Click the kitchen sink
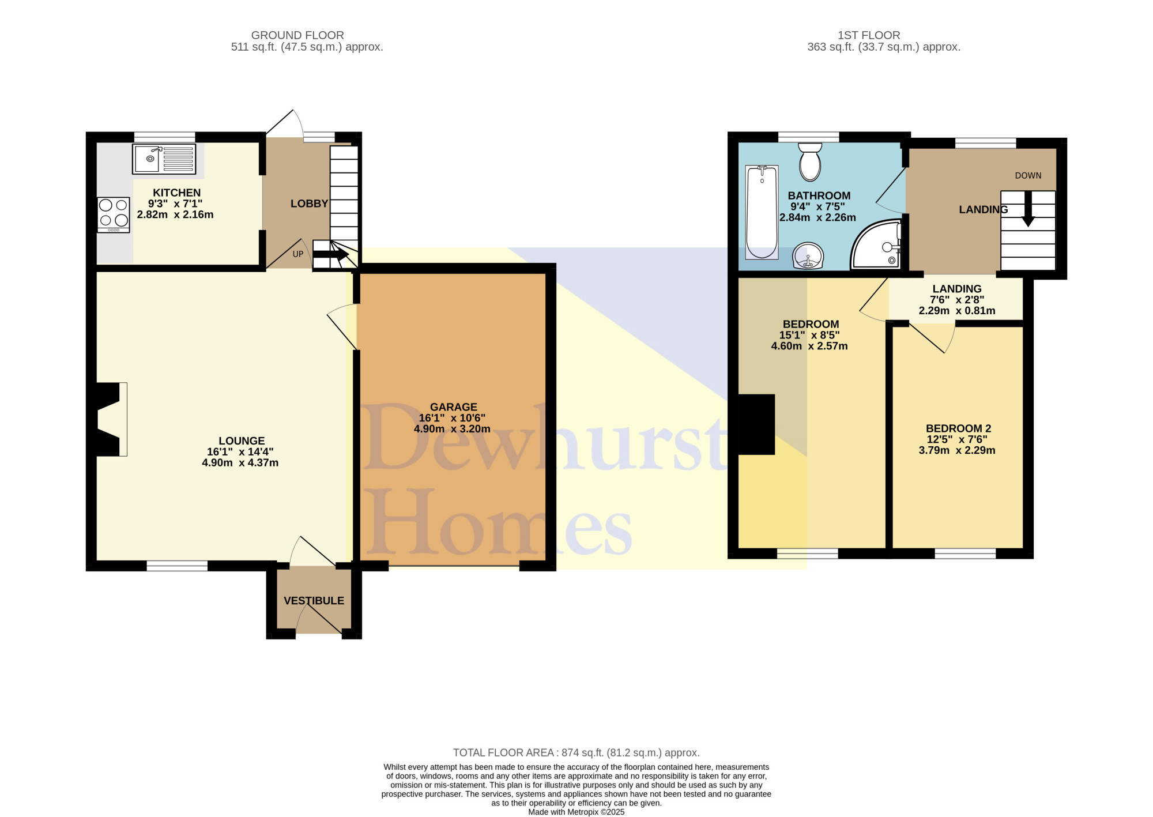click(164, 159)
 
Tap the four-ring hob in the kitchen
click(114, 215)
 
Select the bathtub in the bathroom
click(762, 212)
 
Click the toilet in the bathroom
click(810, 161)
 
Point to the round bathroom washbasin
click(808, 255)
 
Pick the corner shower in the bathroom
click(876, 244)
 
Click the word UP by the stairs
click(298, 254)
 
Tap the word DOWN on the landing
click(1028, 176)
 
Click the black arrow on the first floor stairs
click(1028, 209)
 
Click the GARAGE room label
click(454, 407)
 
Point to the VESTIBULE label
click(314, 601)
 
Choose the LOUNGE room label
click(242, 441)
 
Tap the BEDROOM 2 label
click(958, 428)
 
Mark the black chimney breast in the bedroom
click(756, 425)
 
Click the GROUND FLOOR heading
click(297, 35)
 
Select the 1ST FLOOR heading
click(869, 35)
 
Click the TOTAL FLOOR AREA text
click(576, 752)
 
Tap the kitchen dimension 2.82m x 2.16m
click(175, 214)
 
